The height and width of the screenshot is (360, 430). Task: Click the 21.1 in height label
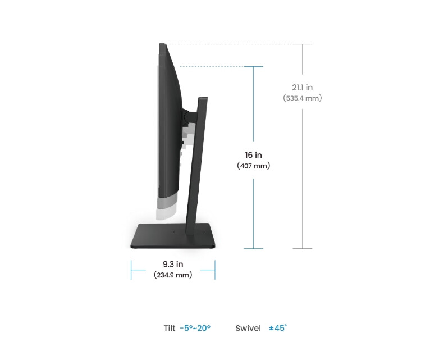[x=302, y=87]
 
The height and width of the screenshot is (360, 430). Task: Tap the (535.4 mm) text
[x=302, y=98]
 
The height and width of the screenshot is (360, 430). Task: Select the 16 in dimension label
[x=254, y=155]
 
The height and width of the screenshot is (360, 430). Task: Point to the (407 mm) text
[x=254, y=166]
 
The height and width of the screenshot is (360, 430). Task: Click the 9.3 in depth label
[x=173, y=264]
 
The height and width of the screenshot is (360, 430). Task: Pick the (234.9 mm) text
[x=173, y=275]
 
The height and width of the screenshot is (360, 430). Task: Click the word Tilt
[x=170, y=328]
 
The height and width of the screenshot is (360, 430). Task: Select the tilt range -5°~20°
[x=195, y=328]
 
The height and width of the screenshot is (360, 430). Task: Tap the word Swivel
[x=248, y=328]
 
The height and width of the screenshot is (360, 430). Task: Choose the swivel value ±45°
[x=278, y=328]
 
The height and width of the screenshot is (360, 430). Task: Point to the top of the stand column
[x=203, y=99]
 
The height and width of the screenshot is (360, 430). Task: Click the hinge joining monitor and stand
[x=187, y=116]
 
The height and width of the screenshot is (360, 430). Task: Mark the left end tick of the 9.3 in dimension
[x=131, y=270]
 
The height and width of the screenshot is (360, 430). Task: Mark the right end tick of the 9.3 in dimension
[x=215, y=270]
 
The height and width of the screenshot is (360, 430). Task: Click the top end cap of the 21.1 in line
[x=303, y=44]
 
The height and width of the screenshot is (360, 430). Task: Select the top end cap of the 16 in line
[x=254, y=67]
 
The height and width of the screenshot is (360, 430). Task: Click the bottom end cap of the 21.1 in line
[x=303, y=248]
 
